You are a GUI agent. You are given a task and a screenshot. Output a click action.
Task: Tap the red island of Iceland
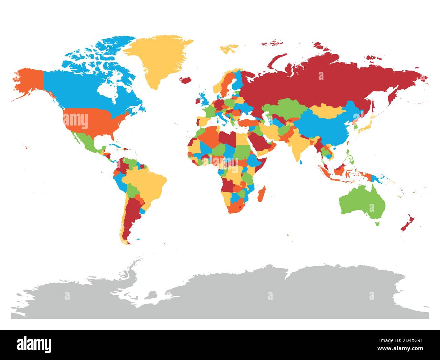(x=185, y=80)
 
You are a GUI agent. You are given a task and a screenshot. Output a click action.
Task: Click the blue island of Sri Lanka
(x=301, y=162)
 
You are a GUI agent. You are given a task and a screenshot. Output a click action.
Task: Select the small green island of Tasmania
(x=377, y=223)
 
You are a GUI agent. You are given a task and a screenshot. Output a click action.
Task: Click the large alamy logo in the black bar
(x=34, y=344)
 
